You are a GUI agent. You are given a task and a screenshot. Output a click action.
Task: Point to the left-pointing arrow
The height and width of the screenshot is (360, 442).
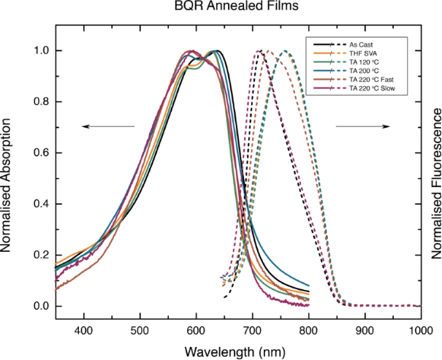[108, 127]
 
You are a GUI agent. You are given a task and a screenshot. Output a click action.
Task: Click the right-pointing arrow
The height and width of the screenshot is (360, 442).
[362, 127]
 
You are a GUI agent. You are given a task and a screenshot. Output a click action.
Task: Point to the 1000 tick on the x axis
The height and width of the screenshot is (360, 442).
[422, 329]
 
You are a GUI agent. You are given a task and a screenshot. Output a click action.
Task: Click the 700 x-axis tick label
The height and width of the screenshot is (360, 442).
[252, 329]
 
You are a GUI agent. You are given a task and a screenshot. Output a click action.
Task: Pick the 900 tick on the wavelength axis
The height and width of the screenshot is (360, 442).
[365, 329]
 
